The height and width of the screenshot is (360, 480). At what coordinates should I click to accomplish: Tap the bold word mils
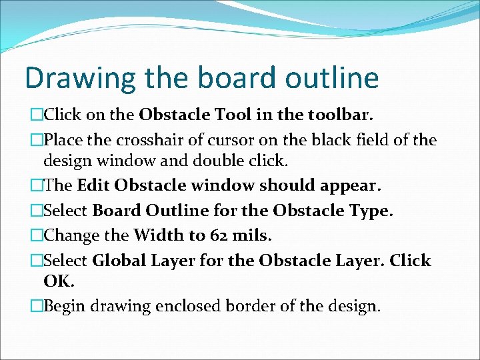click(x=248, y=235)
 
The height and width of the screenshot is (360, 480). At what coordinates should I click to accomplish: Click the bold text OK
click(x=57, y=281)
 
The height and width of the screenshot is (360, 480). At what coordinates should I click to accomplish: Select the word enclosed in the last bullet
click(x=186, y=306)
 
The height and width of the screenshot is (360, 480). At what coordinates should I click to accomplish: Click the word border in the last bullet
click(x=253, y=306)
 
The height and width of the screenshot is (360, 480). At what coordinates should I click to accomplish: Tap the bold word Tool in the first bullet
click(x=215, y=115)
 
